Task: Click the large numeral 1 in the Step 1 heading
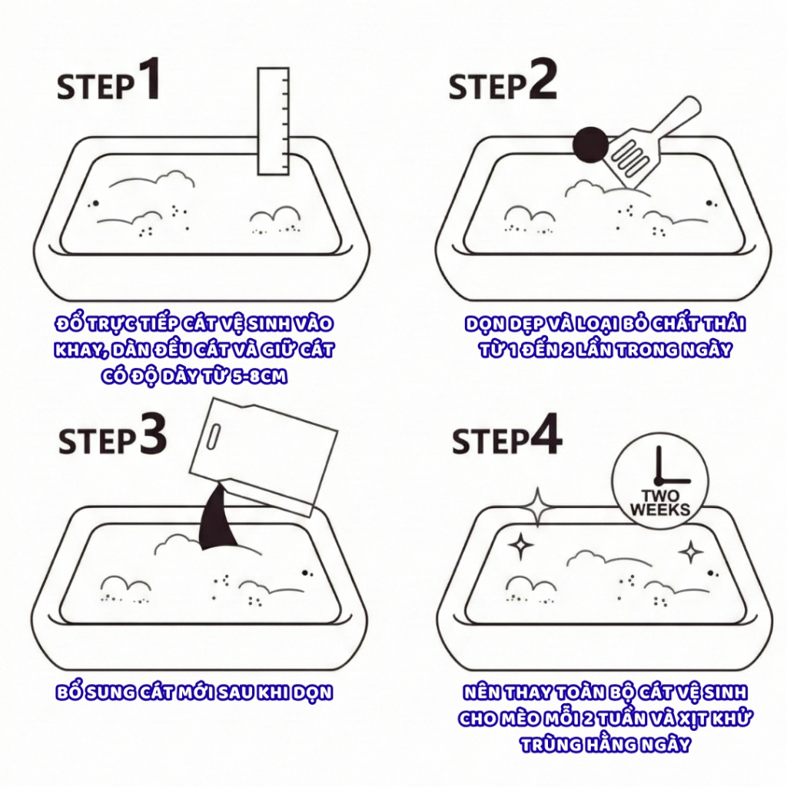[x=149, y=81]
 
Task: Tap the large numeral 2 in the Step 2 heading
[x=542, y=81]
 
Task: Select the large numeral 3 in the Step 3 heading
[x=152, y=434]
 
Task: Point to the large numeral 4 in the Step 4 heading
[x=546, y=436]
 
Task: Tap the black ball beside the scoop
[x=590, y=144]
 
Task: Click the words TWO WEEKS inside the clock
[x=659, y=503]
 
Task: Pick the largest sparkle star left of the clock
[x=537, y=506]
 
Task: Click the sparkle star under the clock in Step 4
[x=691, y=552]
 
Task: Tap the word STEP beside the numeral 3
[x=96, y=442]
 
